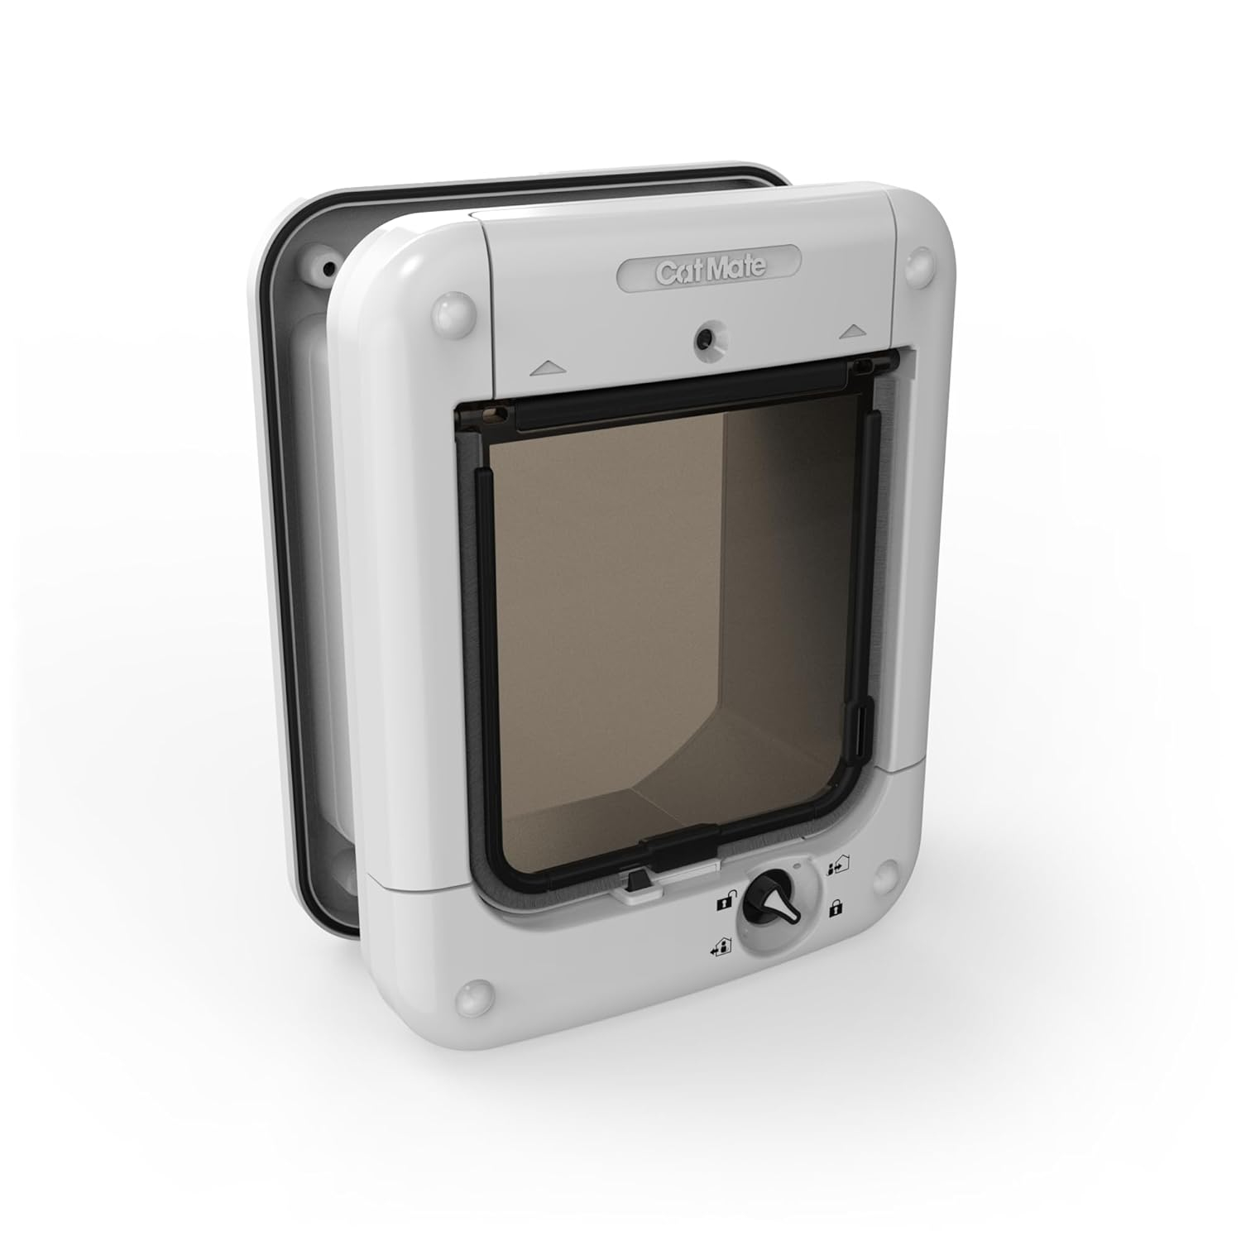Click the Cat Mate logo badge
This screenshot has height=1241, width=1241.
[x=710, y=270]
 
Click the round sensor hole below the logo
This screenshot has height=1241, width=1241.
[x=704, y=336]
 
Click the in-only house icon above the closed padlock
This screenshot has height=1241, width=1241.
[x=837, y=869]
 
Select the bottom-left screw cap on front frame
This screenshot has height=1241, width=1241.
[x=474, y=990]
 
